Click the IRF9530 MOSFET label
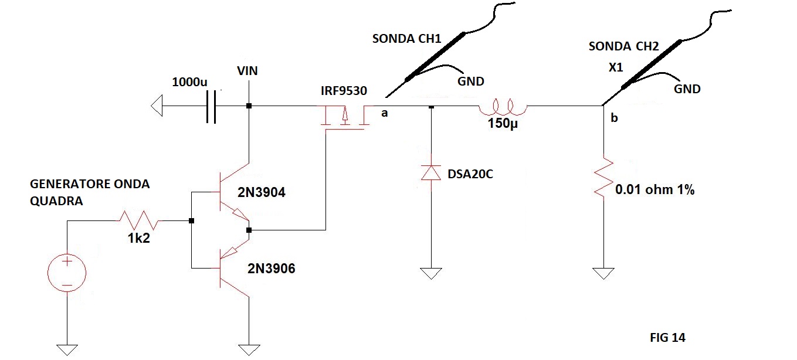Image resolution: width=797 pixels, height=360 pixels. pyautogui.click(x=344, y=91)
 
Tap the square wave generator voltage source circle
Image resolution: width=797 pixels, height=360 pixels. pyautogui.click(x=67, y=273)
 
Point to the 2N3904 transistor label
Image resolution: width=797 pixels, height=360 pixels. pyautogui.click(x=262, y=192)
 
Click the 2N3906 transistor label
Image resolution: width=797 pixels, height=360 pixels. pyautogui.click(x=271, y=269)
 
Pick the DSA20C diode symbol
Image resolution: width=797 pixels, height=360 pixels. pyautogui.click(x=431, y=173)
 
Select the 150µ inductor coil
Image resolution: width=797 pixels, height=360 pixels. pyautogui.click(x=503, y=107)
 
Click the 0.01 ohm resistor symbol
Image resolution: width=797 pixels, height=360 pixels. pyautogui.click(x=603, y=177)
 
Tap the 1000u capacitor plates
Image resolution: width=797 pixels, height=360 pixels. pyautogui.click(x=211, y=107)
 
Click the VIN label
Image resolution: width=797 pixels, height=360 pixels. pyautogui.click(x=247, y=71)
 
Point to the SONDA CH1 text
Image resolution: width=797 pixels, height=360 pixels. pyautogui.click(x=406, y=39)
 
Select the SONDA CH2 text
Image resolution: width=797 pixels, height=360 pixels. pyautogui.click(x=624, y=46)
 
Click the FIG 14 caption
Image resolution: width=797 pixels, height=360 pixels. pyautogui.click(x=667, y=337)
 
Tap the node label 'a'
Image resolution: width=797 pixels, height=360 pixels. pyautogui.click(x=384, y=113)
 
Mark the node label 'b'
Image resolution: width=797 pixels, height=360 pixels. pyautogui.click(x=614, y=118)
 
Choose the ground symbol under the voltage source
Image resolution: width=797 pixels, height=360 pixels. pyautogui.click(x=67, y=350)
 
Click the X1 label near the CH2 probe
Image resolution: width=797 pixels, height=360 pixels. pyautogui.click(x=616, y=67)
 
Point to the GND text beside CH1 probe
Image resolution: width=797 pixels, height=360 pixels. pyautogui.click(x=471, y=81)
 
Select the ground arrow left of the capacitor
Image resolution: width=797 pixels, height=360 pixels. pyautogui.click(x=157, y=106)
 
